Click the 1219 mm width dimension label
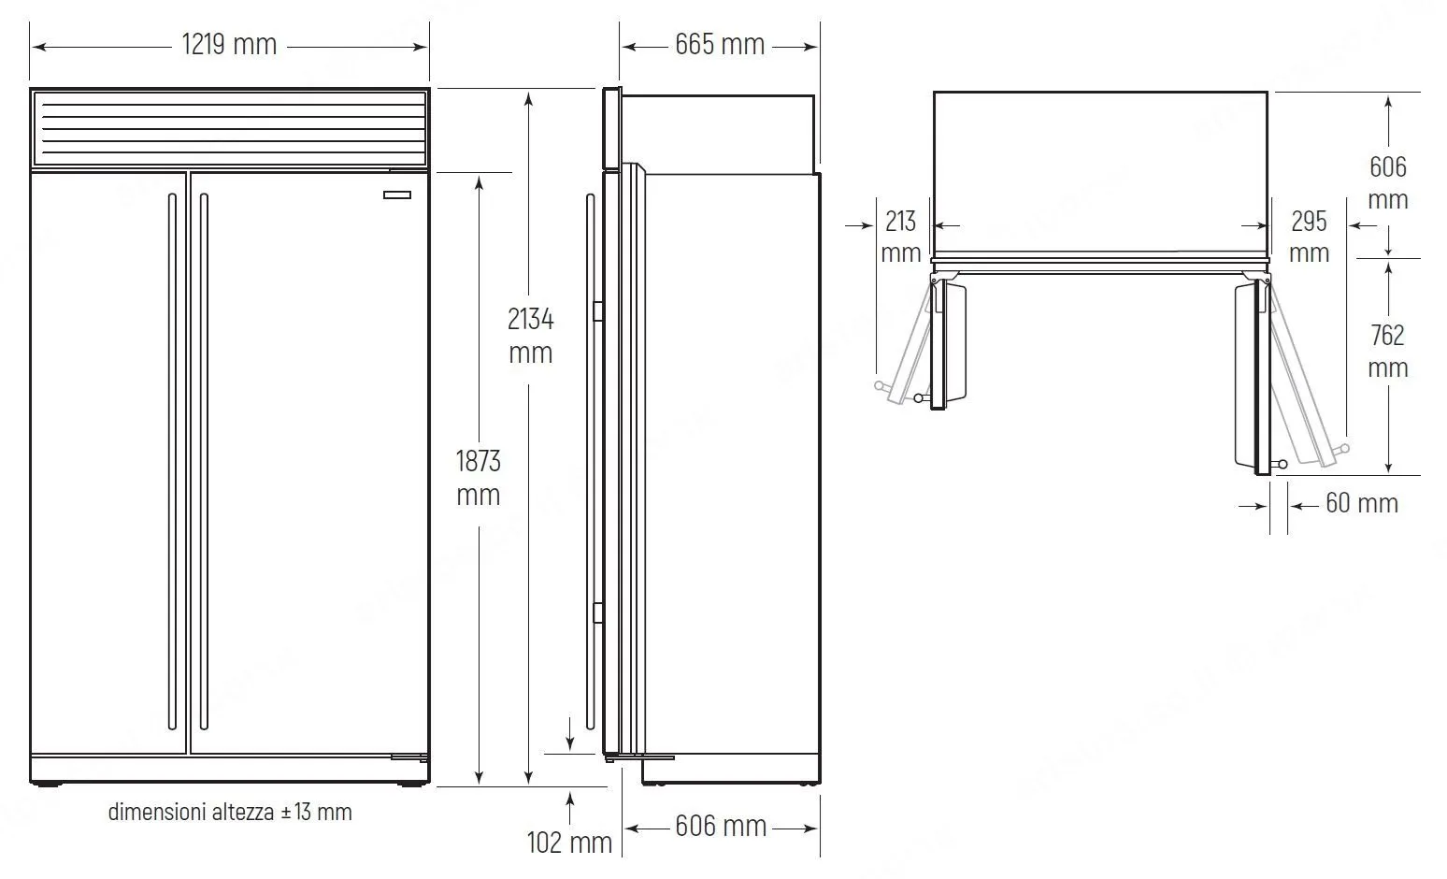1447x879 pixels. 229,45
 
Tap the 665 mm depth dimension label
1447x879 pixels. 720,45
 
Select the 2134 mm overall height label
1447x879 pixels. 530,336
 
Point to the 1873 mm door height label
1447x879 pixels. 478,478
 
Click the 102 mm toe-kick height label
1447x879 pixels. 569,843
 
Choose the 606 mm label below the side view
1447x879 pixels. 721,827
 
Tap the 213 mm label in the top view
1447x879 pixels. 900,238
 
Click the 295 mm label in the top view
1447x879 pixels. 1309,238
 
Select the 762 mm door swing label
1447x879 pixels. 1387,352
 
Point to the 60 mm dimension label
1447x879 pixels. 1362,503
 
